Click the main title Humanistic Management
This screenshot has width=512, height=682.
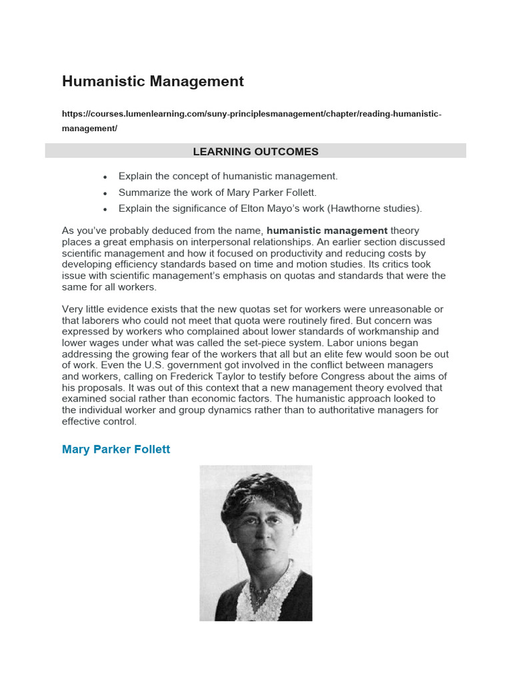(x=153, y=81)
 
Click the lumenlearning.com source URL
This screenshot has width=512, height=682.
(x=251, y=114)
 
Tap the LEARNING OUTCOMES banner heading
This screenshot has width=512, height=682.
(x=255, y=152)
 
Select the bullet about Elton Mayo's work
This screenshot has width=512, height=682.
(x=270, y=208)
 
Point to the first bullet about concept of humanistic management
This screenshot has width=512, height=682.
(x=228, y=176)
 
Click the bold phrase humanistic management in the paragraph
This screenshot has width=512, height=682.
(x=327, y=231)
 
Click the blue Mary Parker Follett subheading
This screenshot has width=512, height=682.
(x=116, y=450)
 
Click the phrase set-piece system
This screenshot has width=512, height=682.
(x=273, y=343)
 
